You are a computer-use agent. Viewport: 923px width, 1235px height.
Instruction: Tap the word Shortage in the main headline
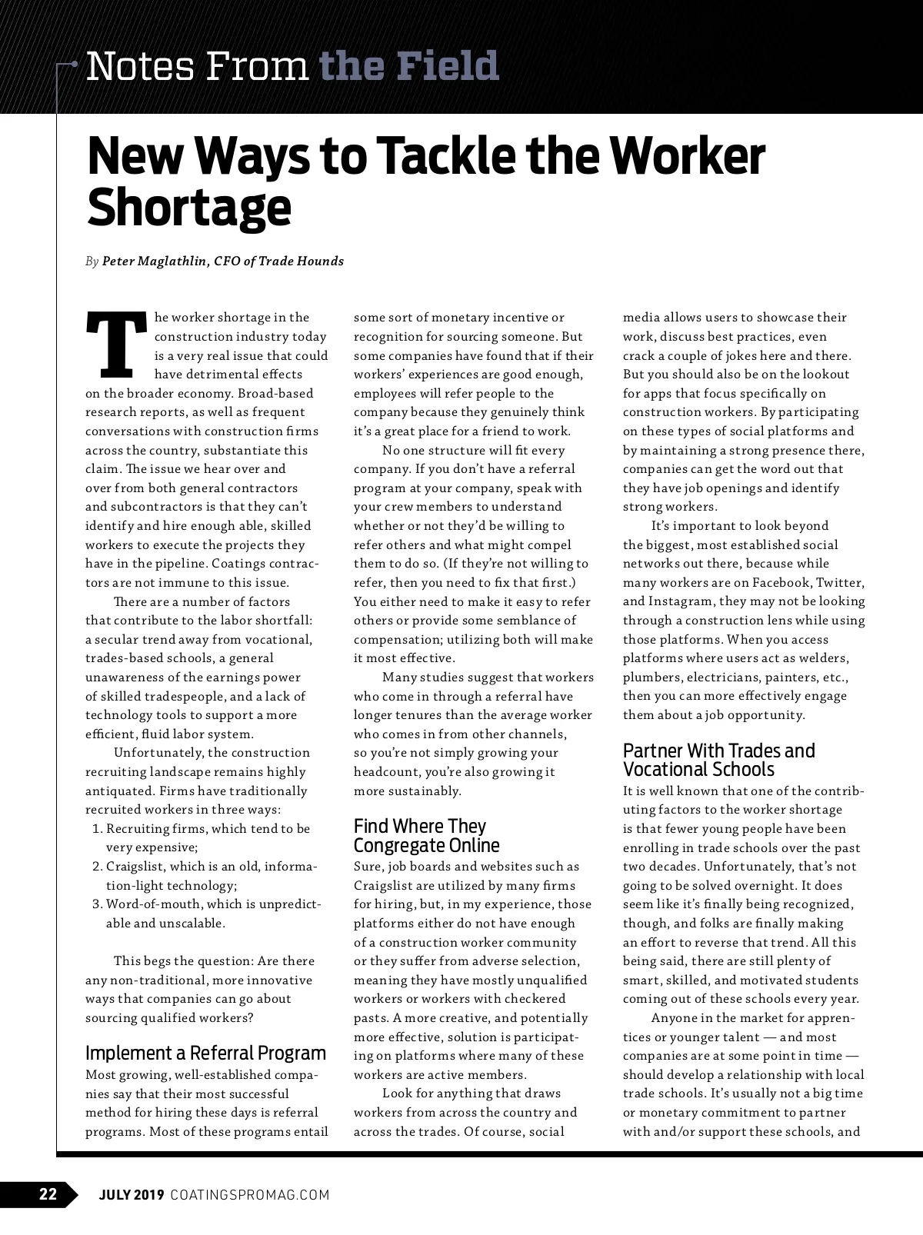(x=189, y=207)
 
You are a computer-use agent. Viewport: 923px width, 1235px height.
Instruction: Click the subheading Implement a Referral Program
(x=205, y=1053)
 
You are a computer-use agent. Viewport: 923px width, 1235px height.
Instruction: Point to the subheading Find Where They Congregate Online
(x=426, y=836)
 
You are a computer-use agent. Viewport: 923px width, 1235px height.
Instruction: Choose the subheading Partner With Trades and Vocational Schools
(x=718, y=760)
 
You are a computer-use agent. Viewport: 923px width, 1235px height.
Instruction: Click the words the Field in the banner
(x=408, y=66)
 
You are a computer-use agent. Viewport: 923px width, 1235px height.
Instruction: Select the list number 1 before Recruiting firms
(x=97, y=829)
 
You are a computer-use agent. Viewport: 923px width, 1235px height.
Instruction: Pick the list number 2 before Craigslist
(x=97, y=867)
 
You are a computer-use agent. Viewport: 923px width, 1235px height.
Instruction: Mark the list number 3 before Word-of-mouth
(x=97, y=904)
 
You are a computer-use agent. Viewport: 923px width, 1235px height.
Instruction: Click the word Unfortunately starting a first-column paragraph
(x=158, y=753)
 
